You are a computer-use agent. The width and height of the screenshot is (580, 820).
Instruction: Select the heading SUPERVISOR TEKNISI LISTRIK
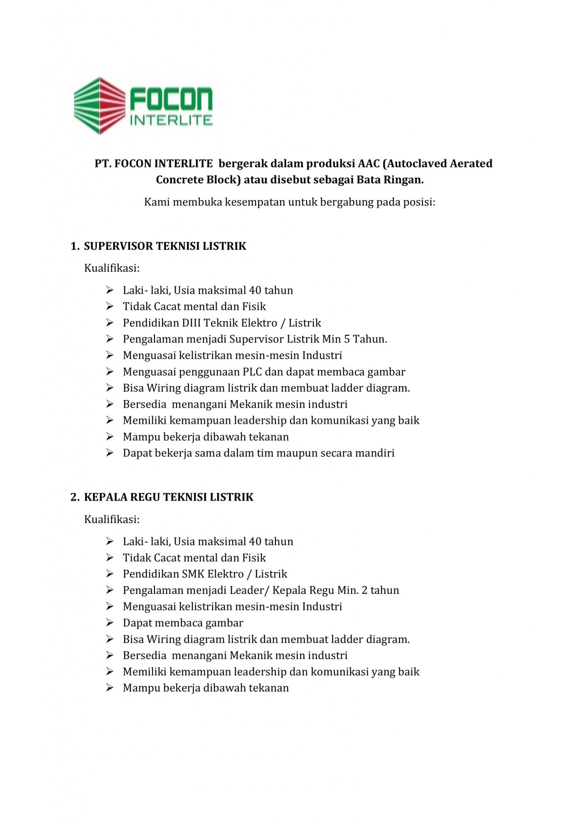pyautogui.click(x=165, y=246)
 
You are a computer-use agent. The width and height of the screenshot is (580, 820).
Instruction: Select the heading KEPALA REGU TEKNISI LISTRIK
pyautogui.click(x=169, y=497)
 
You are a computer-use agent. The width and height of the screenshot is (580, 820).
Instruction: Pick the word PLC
pyautogui.click(x=252, y=372)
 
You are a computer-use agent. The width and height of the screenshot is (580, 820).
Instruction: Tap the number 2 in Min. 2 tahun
pyautogui.click(x=365, y=591)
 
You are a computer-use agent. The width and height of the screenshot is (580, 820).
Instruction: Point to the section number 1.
pyautogui.click(x=74, y=246)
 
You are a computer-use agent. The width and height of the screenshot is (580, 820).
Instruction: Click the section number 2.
pyautogui.click(x=74, y=497)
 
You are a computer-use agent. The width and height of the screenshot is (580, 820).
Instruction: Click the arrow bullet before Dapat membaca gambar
pyautogui.click(x=110, y=623)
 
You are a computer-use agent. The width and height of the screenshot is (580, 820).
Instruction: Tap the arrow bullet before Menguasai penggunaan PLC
pyautogui.click(x=110, y=372)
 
